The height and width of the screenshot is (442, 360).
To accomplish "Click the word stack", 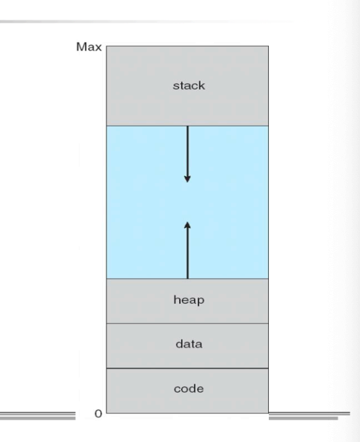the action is click(x=189, y=85).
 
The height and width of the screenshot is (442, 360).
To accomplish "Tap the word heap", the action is click(x=189, y=300).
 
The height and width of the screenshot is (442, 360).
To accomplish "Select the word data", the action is click(x=189, y=344).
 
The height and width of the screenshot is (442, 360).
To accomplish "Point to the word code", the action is click(x=189, y=389).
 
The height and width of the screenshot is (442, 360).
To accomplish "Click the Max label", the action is click(x=89, y=47).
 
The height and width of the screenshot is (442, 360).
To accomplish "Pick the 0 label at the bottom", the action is click(x=98, y=414).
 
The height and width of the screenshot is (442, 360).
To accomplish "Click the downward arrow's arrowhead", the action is click(x=187, y=179).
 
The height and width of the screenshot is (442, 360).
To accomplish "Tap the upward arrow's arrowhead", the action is click(x=187, y=225).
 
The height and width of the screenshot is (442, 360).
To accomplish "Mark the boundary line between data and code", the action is click(x=187, y=368).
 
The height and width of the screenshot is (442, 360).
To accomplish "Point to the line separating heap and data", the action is click(x=187, y=323).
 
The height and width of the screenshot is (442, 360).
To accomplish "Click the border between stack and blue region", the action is click(x=187, y=126).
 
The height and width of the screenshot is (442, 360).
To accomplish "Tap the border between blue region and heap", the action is click(x=187, y=279).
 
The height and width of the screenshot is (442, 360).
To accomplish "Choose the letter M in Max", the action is click(x=81, y=47).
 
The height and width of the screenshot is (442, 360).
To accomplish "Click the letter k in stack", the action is click(x=202, y=85).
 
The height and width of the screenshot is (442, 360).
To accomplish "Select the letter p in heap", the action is click(x=201, y=301).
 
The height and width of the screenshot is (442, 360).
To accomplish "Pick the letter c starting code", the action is click(x=177, y=389).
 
